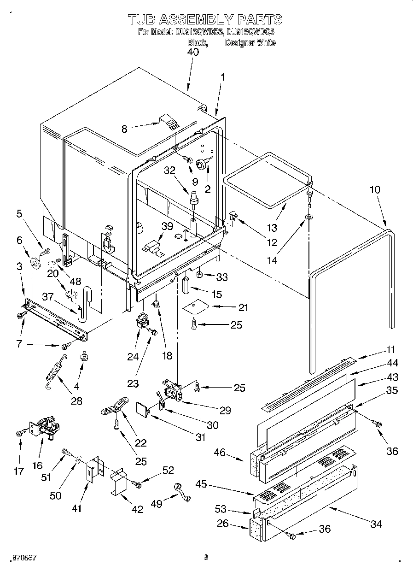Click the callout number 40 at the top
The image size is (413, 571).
(x=193, y=52)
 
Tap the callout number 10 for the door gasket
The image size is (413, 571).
(x=376, y=188)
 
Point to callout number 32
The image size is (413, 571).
(x=170, y=170)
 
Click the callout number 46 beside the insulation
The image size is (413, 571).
(x=220, y=452)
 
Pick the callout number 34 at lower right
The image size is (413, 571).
(x=376, y=524)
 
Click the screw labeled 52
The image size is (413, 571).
(x=137, y=484)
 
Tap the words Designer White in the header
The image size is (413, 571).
(x=250, y=43)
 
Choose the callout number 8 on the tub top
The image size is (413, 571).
(x=124, y=129)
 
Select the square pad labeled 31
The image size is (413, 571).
(x=143, y=409)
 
